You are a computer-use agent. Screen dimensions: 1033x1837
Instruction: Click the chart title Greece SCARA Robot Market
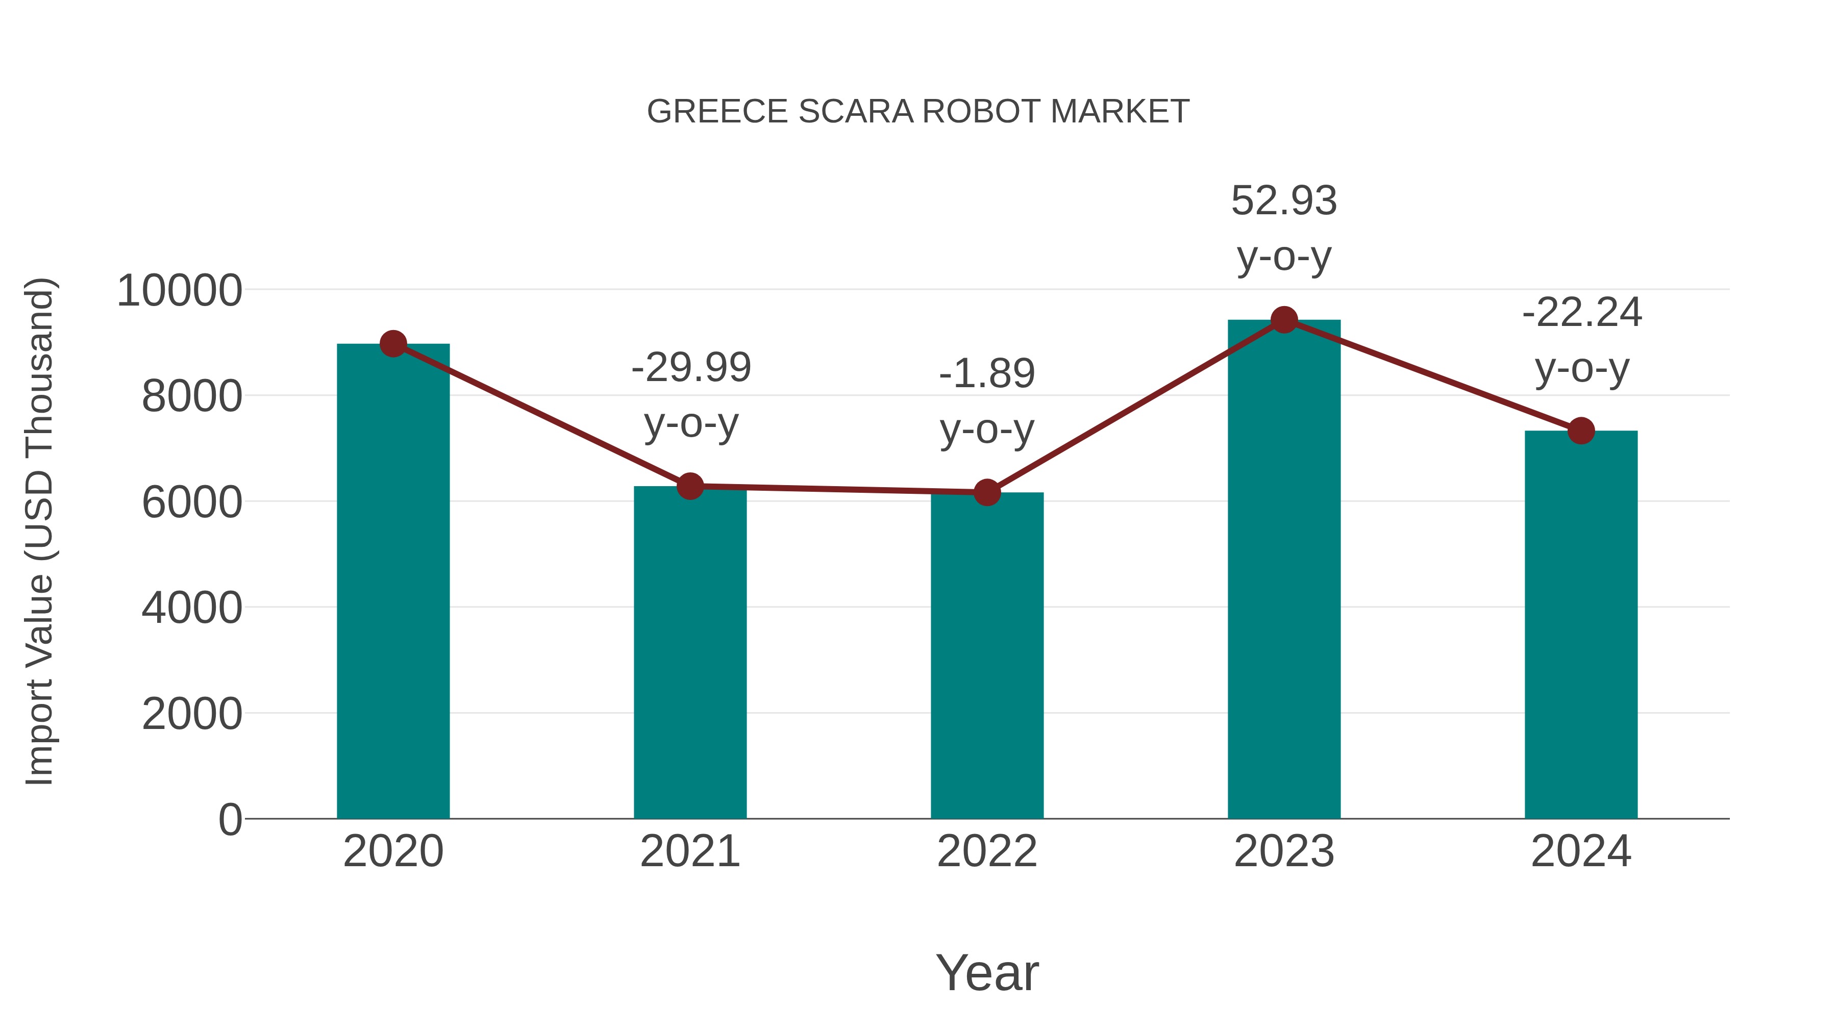coord(918,112)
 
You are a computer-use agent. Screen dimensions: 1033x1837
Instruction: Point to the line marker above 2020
coord(393,344)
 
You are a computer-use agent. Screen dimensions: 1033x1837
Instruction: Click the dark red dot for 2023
coord(1284,320)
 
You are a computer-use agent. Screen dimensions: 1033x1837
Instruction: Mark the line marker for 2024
coord(1581,431)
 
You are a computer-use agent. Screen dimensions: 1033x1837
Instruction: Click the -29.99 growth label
coord(691,368)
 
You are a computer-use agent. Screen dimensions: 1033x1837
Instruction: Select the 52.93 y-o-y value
coord(1284,201)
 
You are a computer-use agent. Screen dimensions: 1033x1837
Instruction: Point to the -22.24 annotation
coord(1582,313)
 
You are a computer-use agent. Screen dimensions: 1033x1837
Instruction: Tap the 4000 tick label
coord(192,608)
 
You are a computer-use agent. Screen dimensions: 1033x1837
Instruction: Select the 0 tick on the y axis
coord(230,819)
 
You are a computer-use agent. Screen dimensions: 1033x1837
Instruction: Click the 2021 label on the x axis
coord(689,851)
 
